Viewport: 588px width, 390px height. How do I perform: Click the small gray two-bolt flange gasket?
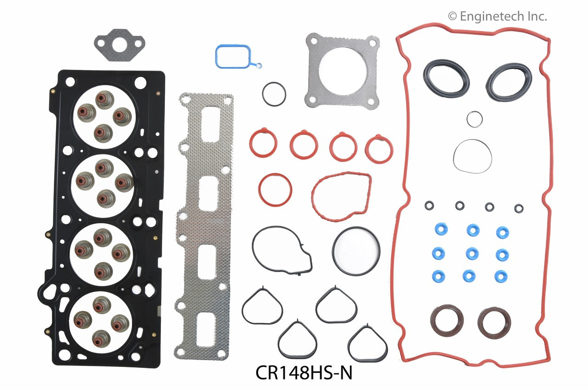point(120,45)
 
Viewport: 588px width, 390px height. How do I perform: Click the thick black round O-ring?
point(356,251)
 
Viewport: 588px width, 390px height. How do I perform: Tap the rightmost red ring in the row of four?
point(379,148)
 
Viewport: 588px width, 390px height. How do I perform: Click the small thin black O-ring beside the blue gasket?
point(274,93)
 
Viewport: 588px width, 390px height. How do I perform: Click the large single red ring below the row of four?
point(275,189)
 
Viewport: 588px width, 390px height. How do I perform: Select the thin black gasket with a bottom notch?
point(281,250)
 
